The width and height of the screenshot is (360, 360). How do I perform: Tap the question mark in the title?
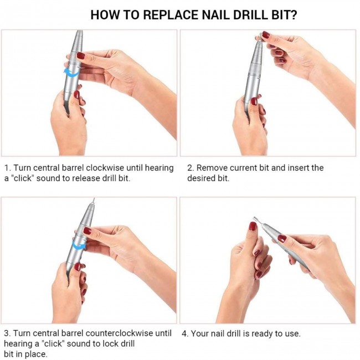click(293, 15)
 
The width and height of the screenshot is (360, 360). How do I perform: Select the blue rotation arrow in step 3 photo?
click(79, 246)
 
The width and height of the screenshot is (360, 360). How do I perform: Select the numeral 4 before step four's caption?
click(184, 333)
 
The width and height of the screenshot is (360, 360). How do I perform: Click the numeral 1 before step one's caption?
click(7, 168)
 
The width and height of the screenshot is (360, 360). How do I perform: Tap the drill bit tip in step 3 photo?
click(94, 199)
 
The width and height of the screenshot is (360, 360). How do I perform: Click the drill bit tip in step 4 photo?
click(254, 218)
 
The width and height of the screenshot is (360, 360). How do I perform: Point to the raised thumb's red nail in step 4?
click(253, 226)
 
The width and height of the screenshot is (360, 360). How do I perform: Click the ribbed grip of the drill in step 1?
click(77, 43)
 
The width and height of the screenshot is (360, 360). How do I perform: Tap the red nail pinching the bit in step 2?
click(265, 35)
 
